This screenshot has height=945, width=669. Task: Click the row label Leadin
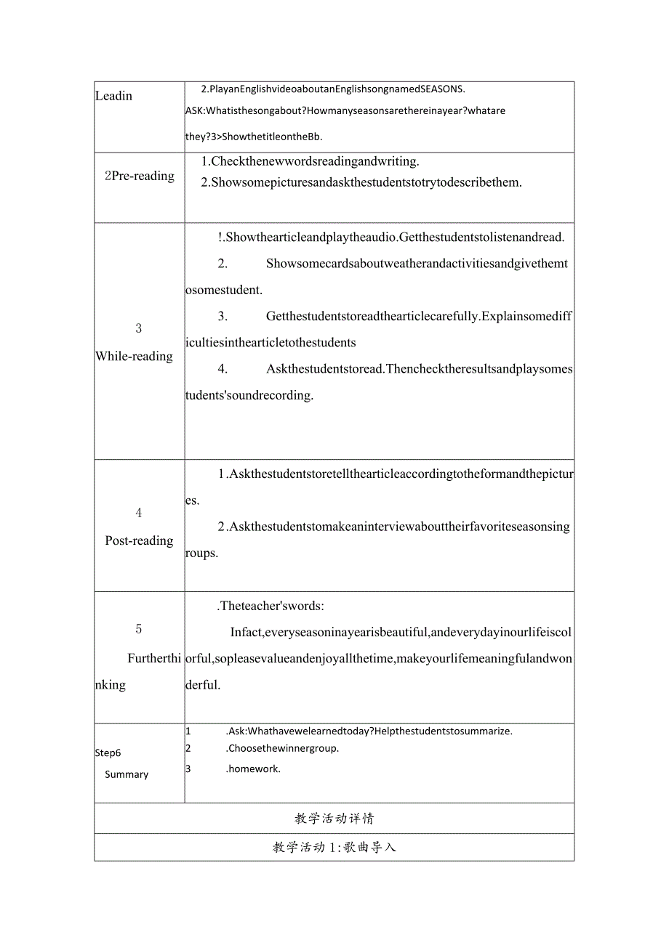tap(114, 96)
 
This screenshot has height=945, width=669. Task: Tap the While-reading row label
tap(135, 356)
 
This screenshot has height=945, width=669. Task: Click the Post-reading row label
tap(139, 540)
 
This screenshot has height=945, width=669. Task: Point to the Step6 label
tap(108, 753)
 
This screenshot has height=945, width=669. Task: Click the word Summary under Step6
tap(127, 774)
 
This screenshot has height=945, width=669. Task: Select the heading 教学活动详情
tap(334, 819)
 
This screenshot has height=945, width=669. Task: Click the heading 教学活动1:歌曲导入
tap(334, 847)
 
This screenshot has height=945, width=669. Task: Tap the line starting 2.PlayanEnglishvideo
tap(332, 89)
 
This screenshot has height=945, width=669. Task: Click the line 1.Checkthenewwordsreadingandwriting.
tap(310, 161)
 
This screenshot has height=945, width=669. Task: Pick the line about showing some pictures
tap(361, 182)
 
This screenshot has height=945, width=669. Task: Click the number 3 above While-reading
tap(139, 328)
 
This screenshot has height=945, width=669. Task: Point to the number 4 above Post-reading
tap(139, 513)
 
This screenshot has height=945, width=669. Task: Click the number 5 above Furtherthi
tap(139, 629)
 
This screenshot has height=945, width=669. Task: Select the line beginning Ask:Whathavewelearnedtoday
tap(369, 731)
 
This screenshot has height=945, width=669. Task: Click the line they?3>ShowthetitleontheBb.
tap(254, 137)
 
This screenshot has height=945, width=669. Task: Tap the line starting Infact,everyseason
tap(401, 632)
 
